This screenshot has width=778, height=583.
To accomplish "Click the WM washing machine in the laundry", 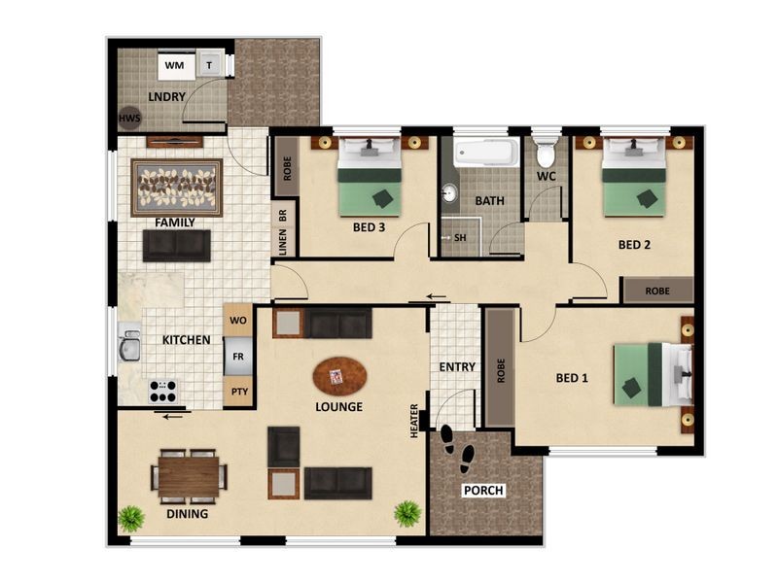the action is point(176,65).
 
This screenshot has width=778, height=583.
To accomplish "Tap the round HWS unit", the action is point(129,118).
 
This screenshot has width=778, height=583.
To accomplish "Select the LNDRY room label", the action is point(166,96).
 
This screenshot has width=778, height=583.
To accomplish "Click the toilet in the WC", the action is point(546,152).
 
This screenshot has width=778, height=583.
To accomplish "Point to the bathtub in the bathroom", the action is point(486,153).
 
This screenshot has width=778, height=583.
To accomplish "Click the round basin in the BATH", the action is point(449,193).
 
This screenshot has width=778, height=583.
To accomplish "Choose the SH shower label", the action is point(460,238).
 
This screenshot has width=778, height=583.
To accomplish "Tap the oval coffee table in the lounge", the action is point(339,376).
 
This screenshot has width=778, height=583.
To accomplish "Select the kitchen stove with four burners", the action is point(162,392).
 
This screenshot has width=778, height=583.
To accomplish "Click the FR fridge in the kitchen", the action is point(238,357).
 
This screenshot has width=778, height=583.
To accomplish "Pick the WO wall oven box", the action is point(238,321).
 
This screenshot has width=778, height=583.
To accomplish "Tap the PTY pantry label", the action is point(239,392).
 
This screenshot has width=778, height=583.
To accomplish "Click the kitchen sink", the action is point(128,345).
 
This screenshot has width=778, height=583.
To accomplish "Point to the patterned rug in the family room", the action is point(177,188).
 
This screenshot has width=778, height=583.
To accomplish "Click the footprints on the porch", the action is point(457,449).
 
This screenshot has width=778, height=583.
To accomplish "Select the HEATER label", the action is point(414,421).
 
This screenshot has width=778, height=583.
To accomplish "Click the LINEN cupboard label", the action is point(283,242).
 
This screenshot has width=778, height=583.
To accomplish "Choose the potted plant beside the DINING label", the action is point(131,519).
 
